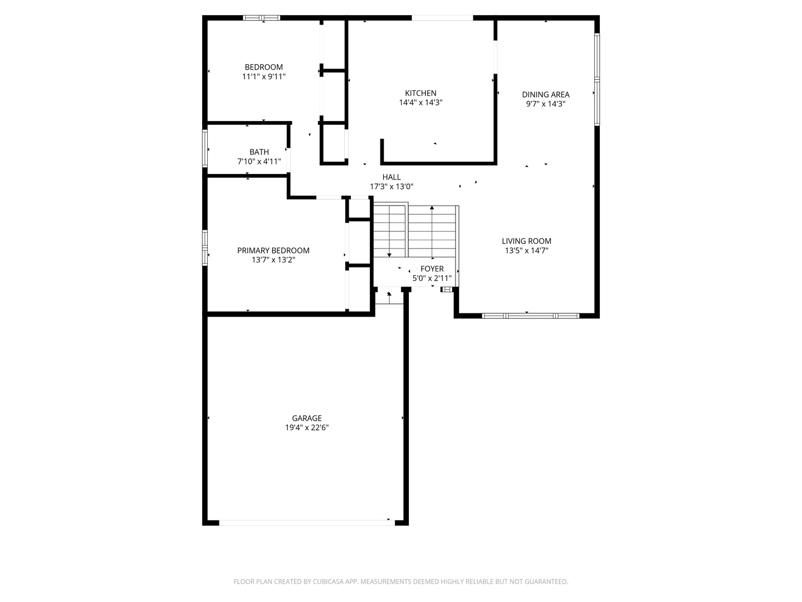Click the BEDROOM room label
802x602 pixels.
click(x=263, y=67)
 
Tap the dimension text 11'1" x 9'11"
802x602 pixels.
click(x=263, y=77)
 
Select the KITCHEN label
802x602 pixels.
click(x=420, y=93)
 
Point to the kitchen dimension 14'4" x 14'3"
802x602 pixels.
click(x=420, y=103)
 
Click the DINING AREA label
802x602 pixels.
click(x=545, y=94)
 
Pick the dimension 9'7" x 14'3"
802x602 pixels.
click(x=545, y=104)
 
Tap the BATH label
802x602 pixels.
click(x=259, y=152)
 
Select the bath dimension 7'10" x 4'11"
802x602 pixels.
click(x=259, y=162)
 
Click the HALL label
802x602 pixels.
click(x=392, y=177)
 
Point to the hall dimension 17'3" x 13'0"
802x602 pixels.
click(x=392, y=187)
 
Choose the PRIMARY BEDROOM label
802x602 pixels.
click(x=273, y=250)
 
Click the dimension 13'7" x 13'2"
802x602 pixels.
click(x=273, y=260)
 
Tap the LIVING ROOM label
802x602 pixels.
click(x=526, y=241)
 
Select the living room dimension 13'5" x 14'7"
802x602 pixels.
click(x=526, y=251)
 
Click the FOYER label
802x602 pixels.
click(x=432, y=269)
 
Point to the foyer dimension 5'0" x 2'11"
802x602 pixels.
click(x=432, y=278)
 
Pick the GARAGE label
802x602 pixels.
click(x=307, y=418)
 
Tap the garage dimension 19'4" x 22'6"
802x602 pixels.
click(x=307, y=428)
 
